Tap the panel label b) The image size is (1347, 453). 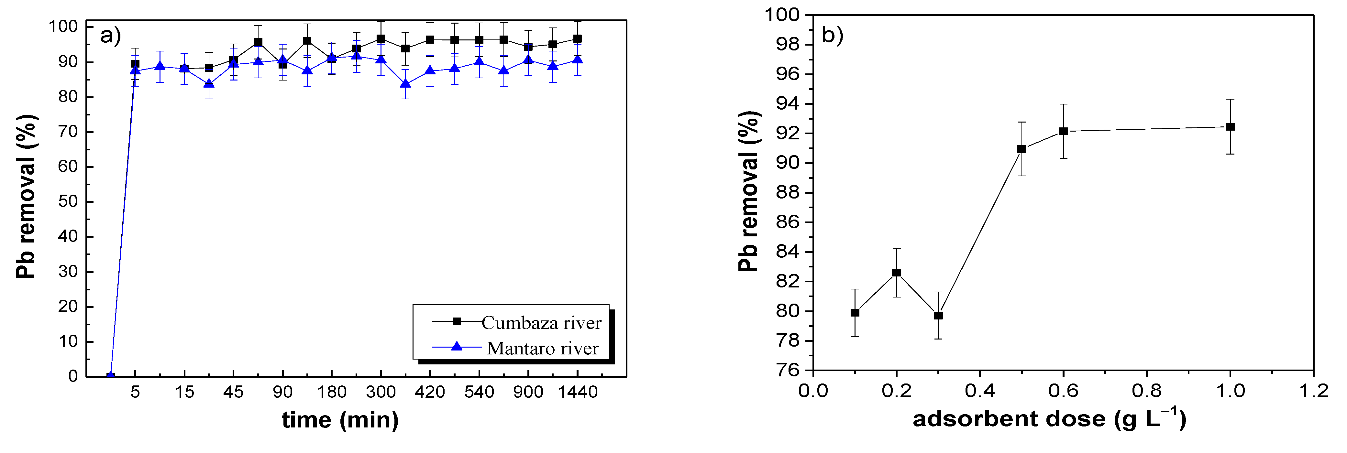[x=833, y=35]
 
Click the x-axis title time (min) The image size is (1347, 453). [x=340, y=420]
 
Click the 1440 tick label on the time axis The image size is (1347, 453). [x=577, y=392]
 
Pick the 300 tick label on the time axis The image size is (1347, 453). [x=381, y=392]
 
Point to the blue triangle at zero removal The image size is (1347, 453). [x=110, y=376]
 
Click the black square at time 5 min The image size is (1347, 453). [x=135, y=64]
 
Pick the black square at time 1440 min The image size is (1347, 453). [x=577, y=39]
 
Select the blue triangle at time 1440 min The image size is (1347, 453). [x=577, y=60]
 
